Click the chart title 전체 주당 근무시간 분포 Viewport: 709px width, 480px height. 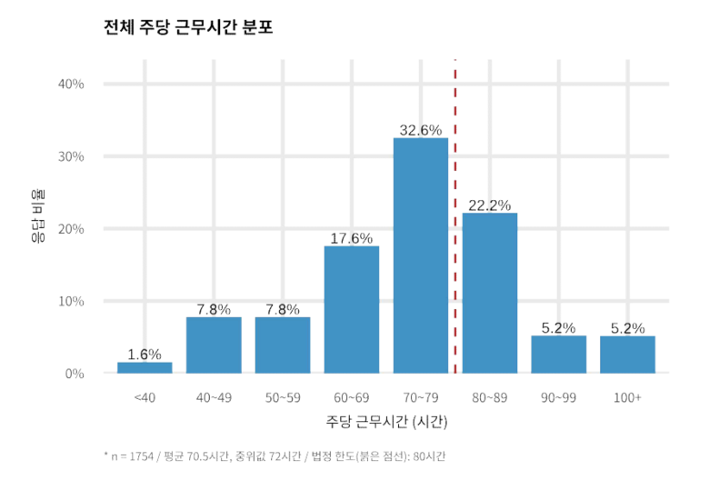(x=189, y=27)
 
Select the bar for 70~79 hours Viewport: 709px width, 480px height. (x=421, y=255)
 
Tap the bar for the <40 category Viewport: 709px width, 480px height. (x=145, y=367)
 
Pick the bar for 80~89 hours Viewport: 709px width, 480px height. (x=490, y=293)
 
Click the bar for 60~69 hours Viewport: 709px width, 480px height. (x=352, y=309)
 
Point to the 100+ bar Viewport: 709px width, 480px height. (x=627, y=355)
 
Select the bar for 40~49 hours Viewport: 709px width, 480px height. (x=214, y=345)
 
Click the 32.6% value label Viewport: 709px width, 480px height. (x=421, y=130)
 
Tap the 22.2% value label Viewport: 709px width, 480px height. (x=490, y=205)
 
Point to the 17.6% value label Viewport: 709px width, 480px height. (x=352, y=238)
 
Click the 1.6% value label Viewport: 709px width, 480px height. (x=145, y=354)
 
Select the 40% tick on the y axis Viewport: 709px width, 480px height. (x=71, y=85)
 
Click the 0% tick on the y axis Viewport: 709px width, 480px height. (x=75, y=374)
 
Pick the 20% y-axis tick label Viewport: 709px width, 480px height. (x=71, y=229)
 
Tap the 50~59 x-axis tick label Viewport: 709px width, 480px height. (x=283, y=397)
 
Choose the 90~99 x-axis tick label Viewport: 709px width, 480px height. (x=558, y=397)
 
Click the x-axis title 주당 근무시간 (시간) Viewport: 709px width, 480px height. (x=386, y=423)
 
